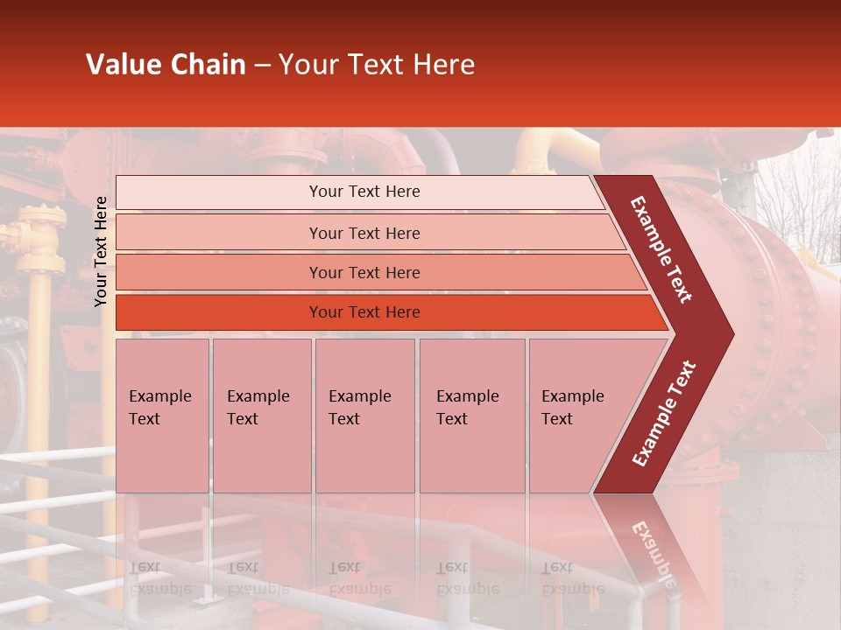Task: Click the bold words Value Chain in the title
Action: (166, 65)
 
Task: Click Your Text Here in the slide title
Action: (377, 65)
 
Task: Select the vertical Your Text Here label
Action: (101, 251)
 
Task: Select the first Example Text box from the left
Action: (162, 416)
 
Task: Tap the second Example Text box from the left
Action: (261, 416)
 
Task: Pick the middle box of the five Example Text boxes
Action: (364, 416)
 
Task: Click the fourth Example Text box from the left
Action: (471, 416)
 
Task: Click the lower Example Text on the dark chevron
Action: (664, 413)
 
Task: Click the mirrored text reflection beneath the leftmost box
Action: (159, 578)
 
